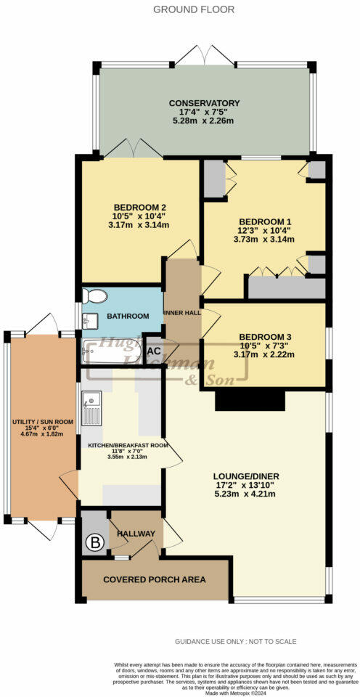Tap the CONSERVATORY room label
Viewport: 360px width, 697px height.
(204, 103)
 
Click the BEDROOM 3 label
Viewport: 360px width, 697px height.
(265, 337)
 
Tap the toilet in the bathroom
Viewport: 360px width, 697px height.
(94, 296)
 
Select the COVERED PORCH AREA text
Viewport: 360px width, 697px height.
(155, 579)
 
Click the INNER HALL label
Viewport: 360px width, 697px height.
(183, 316)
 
